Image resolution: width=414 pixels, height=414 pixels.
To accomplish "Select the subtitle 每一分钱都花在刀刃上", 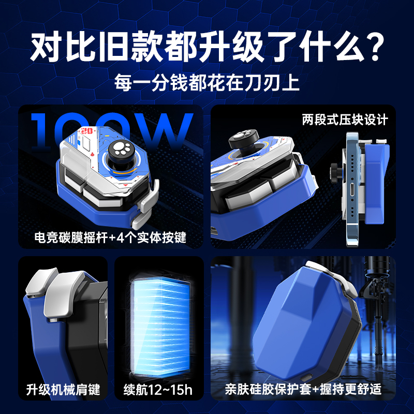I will point(207,83).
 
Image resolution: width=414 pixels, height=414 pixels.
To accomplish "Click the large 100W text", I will point(111,132).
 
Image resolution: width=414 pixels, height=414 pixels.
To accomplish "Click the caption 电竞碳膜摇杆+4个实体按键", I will point(110,239).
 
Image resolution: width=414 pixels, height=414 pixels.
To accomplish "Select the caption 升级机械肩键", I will point(63,389).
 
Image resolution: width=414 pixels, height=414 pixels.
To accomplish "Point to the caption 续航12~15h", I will point(158,389).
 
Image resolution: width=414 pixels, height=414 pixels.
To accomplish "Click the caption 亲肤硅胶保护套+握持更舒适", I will point(303,389).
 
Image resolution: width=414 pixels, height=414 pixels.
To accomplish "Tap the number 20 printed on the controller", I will point(87,132).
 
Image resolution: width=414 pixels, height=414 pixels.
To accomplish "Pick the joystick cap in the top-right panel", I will point(242,138).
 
